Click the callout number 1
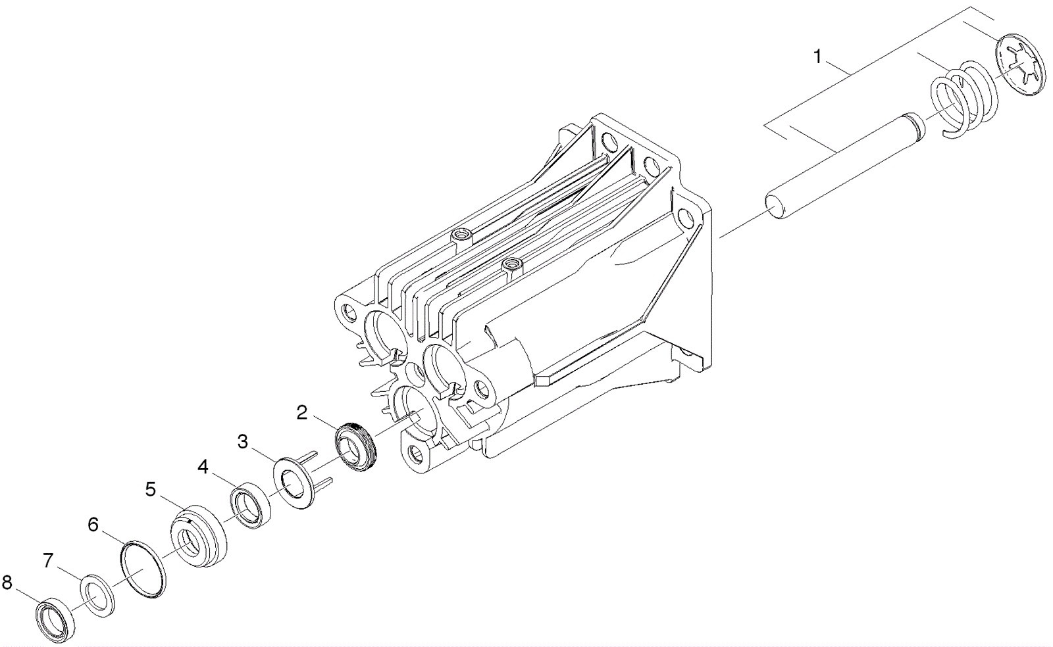pyautogui.click(x=817, y=57)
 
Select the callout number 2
pyautogui.click(x=302, y=413)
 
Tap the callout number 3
pyautogui.click(x=243, y=441)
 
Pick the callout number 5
pyautogui.click(x=151, y=489)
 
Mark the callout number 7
pyautogui.click(x=47, y=560)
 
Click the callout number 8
pyautogui.click(x=7, y=583)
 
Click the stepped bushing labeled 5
pyautogui.click(x=199, y=535)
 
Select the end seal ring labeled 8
pyautogui.click(x=55, y=619)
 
